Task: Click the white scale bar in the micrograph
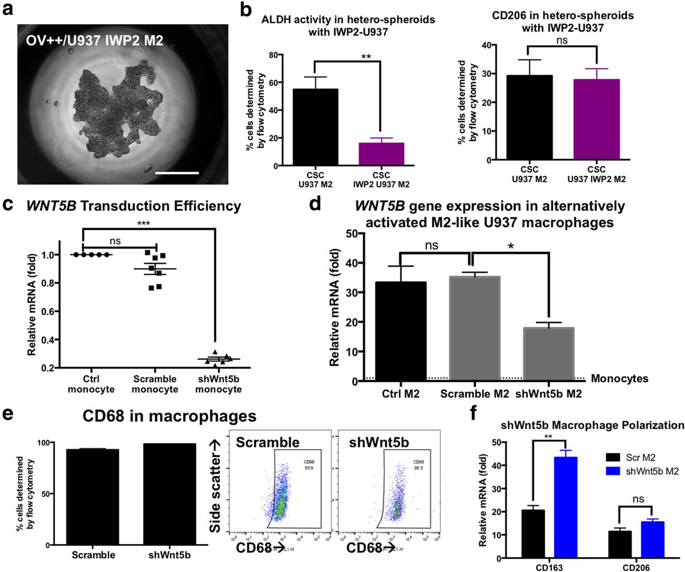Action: point(177,173)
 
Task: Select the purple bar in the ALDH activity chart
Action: point(381,154)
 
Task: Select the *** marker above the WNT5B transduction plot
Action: point(143,223)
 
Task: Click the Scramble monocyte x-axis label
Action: point(155,384)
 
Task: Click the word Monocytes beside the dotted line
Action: point(619,379)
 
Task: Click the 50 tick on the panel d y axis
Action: point(352,234)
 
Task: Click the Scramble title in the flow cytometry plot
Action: point(268,443)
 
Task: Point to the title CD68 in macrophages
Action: point(169,416)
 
